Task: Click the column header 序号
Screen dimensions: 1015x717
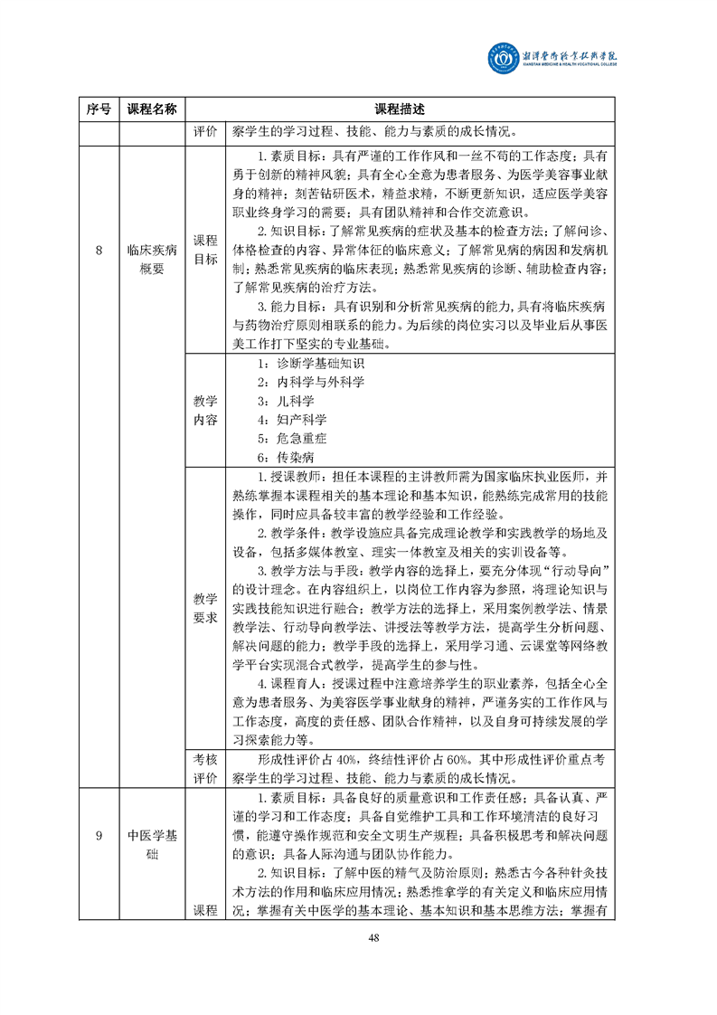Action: (99, 109)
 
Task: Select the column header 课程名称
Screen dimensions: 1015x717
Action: (152, 109)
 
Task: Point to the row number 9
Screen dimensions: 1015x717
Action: (99, 835)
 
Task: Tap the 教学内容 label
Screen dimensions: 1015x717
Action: (205, 410)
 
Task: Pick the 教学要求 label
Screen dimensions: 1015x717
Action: (205, 608)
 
